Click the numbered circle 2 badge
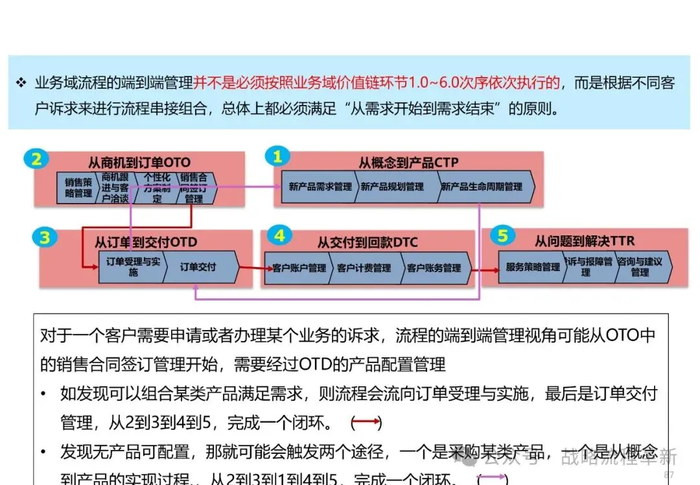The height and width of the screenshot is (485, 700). [37, 160]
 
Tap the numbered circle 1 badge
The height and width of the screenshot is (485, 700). [278, 157]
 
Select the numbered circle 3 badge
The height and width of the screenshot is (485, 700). [45, 238]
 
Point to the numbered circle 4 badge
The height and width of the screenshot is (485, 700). [279, 235]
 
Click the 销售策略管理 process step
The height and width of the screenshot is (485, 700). [78, 188]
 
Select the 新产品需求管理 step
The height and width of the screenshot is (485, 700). [320, 187]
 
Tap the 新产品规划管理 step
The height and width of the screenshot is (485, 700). [392, 187]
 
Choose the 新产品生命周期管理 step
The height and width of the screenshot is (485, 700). [482, 187]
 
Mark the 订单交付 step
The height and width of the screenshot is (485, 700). [198, 266]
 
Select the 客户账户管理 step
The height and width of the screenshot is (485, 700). [299, 268]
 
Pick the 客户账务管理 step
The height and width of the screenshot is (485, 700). [434, 268]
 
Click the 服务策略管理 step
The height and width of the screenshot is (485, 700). [533, 267]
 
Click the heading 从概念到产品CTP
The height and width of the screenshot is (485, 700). [408, 162]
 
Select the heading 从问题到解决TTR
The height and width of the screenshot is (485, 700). [585, 241]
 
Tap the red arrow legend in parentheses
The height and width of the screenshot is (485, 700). [366, 423]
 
